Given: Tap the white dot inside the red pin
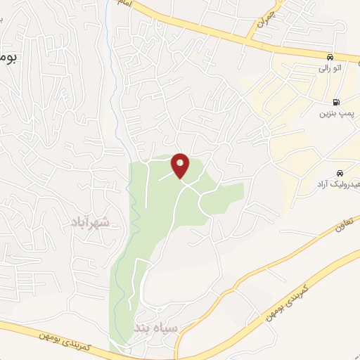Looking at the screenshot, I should point(181,163).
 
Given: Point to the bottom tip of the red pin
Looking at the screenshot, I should point(181,178).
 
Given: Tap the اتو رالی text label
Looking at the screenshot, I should point(329,69).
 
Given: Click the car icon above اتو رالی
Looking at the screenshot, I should point(330,56).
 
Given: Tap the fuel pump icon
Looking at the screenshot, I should point(336,101).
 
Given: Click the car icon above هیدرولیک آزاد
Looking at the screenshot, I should point(340,172).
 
